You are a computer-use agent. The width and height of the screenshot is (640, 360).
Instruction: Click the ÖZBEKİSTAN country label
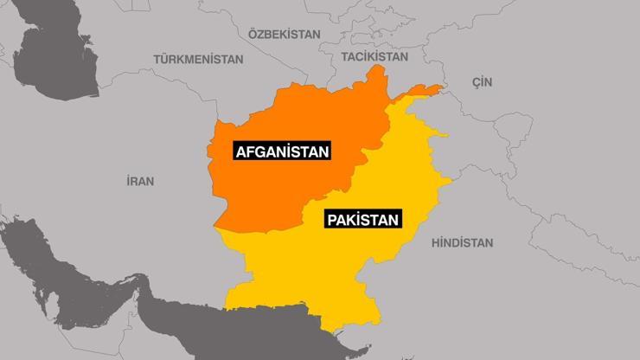[284, 34]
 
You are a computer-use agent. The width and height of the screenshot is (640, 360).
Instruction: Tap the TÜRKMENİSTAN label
[198, 59]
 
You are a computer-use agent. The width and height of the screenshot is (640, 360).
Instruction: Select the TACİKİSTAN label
[374, 55]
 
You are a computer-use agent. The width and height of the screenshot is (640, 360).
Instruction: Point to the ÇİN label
[481, 80]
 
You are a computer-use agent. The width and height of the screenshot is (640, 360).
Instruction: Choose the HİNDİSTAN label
[462, 243]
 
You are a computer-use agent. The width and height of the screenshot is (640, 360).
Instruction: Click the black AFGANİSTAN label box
[283, 151]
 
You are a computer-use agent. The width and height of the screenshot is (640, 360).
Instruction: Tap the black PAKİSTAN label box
[362, 220]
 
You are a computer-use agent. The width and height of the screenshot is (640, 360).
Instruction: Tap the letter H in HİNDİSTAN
[434, 243]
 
